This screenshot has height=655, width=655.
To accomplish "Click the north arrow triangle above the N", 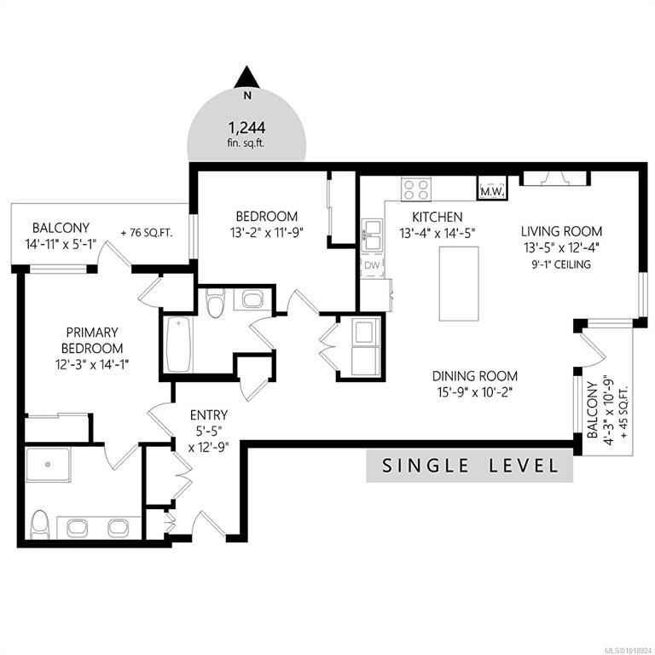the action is [246, 78].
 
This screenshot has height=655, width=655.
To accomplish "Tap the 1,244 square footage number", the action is [246, 127].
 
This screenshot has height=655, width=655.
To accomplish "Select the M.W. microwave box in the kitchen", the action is [493, 187].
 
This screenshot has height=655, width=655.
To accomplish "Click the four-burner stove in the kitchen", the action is [416, 189].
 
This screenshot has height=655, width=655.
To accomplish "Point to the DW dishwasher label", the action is [372, 265].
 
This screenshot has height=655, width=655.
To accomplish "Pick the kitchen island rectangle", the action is [459, 284].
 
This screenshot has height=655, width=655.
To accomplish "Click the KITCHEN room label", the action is [438, 217].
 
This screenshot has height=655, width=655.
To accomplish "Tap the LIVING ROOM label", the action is [561, 231].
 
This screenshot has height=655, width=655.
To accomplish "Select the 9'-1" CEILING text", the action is [561, 264].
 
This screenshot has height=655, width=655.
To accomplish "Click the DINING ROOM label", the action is [474, 376].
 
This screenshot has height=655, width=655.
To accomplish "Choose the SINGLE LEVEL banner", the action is [470, 466].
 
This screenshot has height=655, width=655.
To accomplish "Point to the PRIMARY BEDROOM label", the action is [92, 340].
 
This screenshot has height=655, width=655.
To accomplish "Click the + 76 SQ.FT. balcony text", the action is [147, 233].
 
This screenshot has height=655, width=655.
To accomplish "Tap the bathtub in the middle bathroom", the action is [180, 345].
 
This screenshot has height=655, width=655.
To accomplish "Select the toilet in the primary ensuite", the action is [41, 524].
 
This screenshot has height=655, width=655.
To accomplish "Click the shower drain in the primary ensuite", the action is [48, 465].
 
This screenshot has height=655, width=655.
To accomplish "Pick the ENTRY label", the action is [209, 415].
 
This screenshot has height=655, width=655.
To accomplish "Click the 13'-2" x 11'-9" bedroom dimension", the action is [266, 233].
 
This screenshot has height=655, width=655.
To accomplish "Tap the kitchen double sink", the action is [372, 235].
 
